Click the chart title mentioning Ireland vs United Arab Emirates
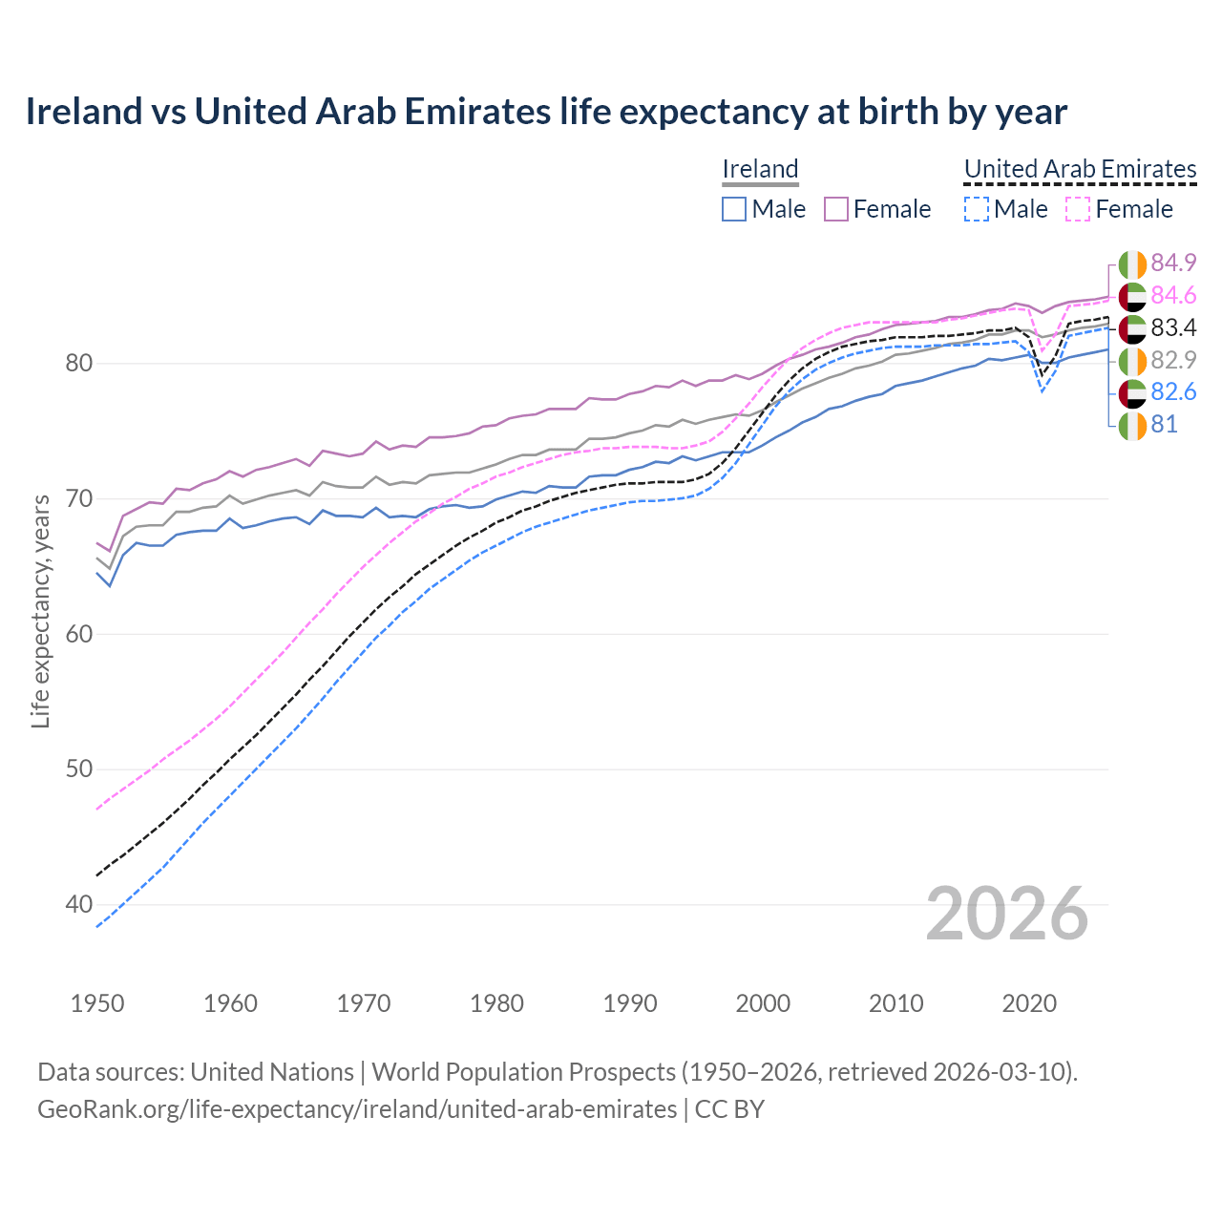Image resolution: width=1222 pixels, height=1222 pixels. pos(546,112)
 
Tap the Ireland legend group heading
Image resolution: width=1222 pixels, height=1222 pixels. pos(760,169)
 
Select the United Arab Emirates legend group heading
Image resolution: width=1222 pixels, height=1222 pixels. pos(1080,169)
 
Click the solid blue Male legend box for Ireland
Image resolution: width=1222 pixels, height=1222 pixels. pos(734,209)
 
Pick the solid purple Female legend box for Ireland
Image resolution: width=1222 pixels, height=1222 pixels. pos(836,209)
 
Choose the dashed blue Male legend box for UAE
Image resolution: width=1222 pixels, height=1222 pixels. pos(976,209)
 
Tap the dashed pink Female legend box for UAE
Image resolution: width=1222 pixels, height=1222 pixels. pos(1078,209)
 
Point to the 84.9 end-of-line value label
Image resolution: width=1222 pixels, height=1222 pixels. pos(1173,263)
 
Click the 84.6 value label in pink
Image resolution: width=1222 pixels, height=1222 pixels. pos(1173,295)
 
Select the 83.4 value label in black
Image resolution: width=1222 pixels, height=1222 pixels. pos(1173,327)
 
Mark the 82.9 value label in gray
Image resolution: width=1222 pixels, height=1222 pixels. pos(1173,360)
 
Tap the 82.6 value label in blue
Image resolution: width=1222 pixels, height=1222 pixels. pos(1173,391)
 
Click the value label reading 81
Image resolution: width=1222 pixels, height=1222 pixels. pos(1165,424)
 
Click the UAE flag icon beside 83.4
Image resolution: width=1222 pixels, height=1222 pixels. pos(1132,328)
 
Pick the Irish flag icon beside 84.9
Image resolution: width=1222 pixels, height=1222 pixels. pos(1132,263)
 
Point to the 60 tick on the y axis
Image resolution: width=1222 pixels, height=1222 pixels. pos(79,634)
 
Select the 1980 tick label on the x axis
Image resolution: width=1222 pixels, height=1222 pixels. pos(496,1003)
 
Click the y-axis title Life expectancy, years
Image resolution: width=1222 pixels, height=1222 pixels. pos(40,611)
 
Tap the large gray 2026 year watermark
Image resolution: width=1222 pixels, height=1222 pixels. pos(1006,914)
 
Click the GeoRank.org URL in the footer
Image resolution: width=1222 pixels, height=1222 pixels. pos(357,1109)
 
